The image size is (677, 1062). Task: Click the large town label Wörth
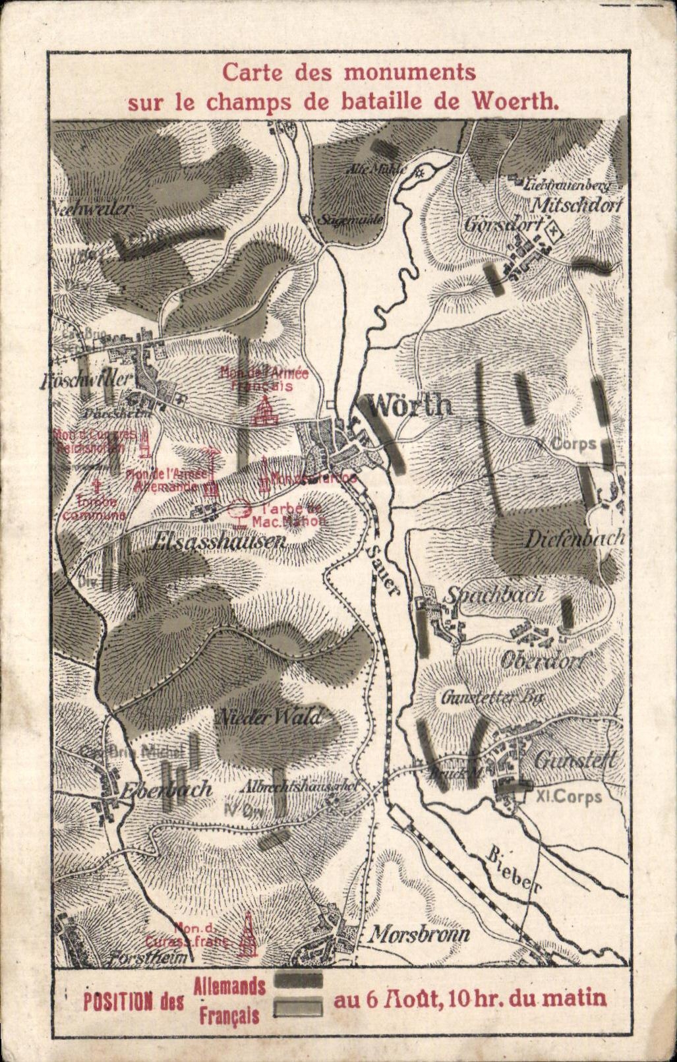coord(409,405)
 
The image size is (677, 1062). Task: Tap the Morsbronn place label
coord(419,933)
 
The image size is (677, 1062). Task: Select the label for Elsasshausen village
coord(218,542)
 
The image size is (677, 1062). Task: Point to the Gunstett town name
coord(575,761)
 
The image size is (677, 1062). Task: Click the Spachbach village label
coord(495,594)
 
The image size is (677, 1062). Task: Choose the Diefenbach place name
coord(574,539)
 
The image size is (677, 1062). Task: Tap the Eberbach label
coord(167,789)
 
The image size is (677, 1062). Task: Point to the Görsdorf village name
coord(503,224)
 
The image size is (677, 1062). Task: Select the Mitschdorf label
coord(577,205)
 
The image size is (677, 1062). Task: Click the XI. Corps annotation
coord(569,797)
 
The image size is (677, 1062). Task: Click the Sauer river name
coord(384,570)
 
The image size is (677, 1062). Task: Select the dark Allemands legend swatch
coord(298,980)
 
